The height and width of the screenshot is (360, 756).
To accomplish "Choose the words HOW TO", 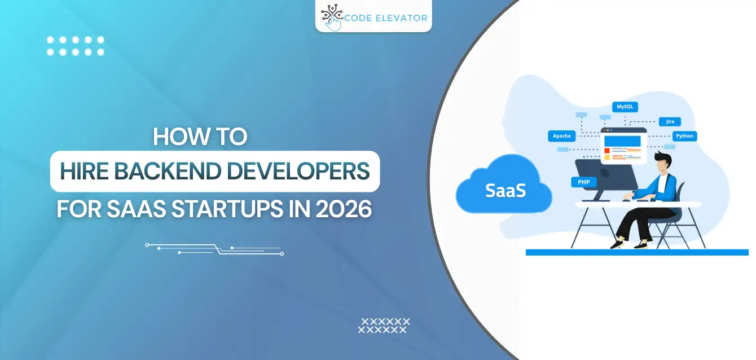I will [x=200, y=138].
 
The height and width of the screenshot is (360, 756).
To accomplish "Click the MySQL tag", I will [x=625, y=107].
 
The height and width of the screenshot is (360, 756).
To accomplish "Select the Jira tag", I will [x=670, y=121].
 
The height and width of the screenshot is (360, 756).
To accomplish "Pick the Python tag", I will [x=684, y=136].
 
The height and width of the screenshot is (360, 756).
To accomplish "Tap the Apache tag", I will [x=562, y=136].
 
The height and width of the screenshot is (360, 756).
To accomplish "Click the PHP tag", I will [x=583, y=182].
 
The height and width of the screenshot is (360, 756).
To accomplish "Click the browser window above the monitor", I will [x=623, y=146].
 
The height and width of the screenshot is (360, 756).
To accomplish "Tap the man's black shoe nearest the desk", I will [x=617, y=244].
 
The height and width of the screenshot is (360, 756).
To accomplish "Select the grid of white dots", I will [x=76, y=46].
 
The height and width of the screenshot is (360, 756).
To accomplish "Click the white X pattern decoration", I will [x=384, y=325].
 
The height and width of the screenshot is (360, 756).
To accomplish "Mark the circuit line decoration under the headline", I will [x=214, y=249].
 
